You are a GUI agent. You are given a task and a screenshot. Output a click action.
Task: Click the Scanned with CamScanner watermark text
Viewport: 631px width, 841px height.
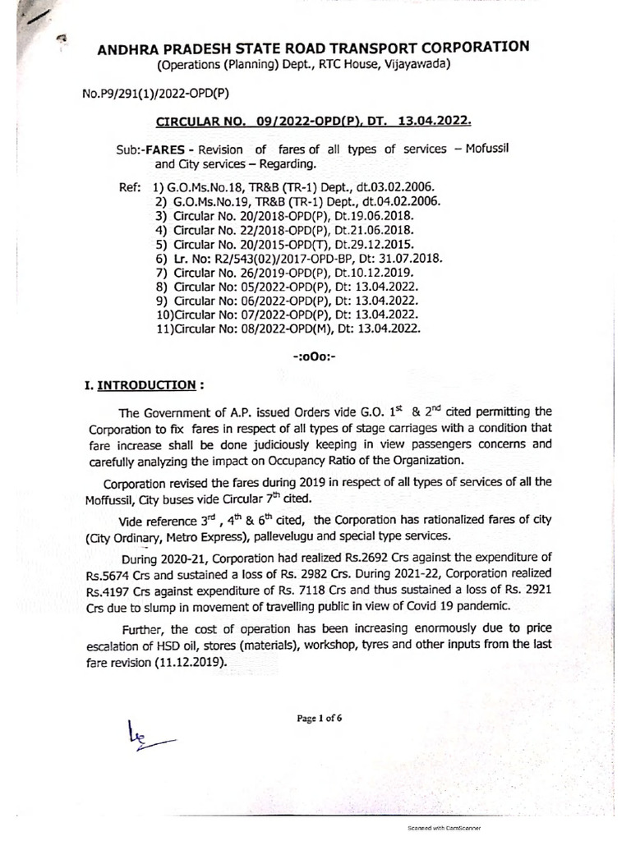444,830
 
